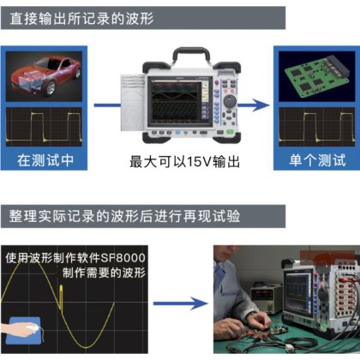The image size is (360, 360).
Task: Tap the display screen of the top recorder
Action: [x=178, y=105]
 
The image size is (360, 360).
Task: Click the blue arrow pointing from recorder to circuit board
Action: [x=257, y=105]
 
